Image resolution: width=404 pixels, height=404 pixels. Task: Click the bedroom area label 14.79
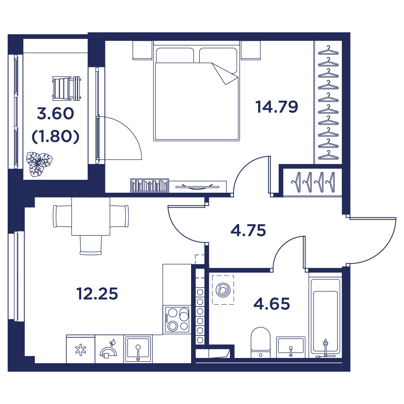click(277, 107)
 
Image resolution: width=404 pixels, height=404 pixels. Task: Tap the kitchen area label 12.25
click(97, 293)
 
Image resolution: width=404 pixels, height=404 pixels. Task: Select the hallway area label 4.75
click(248, 230)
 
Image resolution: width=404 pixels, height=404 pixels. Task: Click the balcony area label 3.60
click(55, 114)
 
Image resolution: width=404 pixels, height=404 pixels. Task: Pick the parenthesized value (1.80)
click(55, 136)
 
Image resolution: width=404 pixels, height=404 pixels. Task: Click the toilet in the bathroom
click(261, 343)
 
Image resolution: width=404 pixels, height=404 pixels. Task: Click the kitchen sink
click(138, 349)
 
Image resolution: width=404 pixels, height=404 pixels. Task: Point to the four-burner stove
click(177, 319)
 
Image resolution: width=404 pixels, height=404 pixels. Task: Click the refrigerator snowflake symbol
click(81, 349)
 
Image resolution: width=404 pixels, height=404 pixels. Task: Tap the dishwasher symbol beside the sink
click(109, 349)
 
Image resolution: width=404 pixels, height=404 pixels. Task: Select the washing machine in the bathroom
click(223, 290)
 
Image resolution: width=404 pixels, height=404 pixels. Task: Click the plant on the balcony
click(39, 164)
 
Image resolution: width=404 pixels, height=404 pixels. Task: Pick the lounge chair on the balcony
click(67, 88)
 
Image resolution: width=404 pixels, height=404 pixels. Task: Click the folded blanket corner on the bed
click(225, 74)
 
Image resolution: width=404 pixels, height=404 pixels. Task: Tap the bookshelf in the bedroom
click(149, 185)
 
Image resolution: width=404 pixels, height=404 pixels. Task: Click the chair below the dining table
click(90, 245)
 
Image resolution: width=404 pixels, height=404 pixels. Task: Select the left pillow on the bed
click(175, 55)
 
